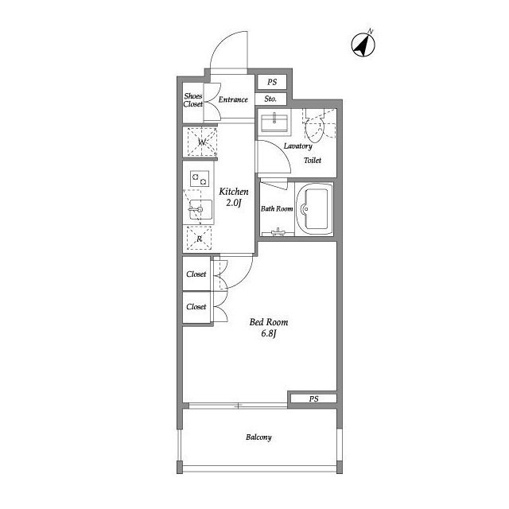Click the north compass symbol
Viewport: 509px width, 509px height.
363,45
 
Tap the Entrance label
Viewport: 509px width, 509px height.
233,99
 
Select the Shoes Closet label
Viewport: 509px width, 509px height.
193,100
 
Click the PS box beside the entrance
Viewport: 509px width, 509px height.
272,82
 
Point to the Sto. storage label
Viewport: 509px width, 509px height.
270,99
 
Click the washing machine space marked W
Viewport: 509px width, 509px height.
202,142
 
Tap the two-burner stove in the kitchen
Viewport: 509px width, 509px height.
200,179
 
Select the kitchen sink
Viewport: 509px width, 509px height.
200,210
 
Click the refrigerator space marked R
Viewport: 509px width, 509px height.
200,239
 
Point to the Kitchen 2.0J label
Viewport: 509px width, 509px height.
234,197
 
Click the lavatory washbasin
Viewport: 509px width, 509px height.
274,123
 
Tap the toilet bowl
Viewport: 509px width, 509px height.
315,130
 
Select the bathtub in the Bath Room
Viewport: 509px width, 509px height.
315,208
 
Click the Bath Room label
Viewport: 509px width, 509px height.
277,208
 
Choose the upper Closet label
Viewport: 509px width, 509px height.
196,274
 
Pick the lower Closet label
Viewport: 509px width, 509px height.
196,307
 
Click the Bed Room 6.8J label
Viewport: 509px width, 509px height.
269,328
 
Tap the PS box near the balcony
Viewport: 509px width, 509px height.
313,398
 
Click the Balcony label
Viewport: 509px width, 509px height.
258,437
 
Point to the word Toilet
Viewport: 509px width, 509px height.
313,160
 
